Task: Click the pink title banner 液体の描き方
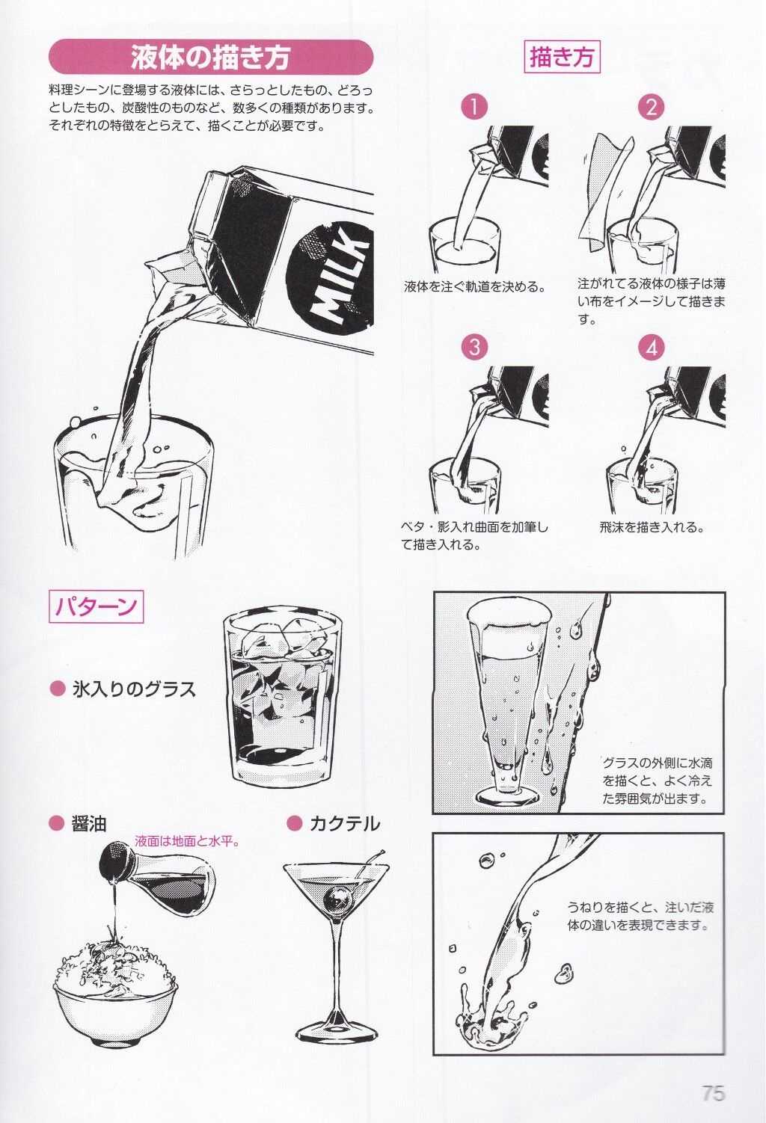[x=210, y=57]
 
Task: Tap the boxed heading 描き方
[x=562, y=56]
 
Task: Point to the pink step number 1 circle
[x=474, y=107]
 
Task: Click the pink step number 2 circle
[x=651, y=107]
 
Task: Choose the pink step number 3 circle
[x=474, y=347]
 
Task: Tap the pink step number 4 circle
[x=651, y=347]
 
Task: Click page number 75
[x=713, y=1092]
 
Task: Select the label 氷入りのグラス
[x=133, y=688]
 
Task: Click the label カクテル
[x=343, y=823]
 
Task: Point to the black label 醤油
[x=88, y=823]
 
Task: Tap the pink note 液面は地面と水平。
[x=187, y=841]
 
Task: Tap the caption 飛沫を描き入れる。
[x=652, y=527]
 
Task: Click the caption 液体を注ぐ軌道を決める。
[x=474, y=286]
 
